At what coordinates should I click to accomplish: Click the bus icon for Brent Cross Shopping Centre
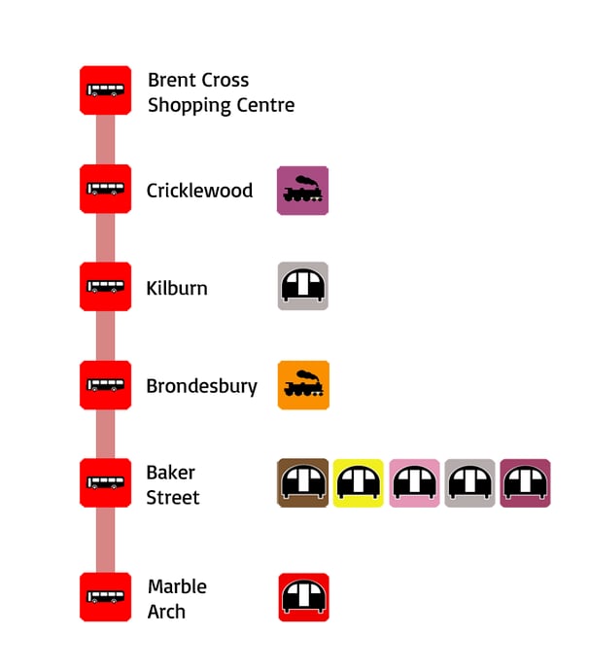click(x=105, y=90)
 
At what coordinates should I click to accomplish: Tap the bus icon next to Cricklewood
click(x=105, y=189)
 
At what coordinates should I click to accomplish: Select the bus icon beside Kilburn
click(x=105, y=287)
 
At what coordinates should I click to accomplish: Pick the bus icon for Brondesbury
click(x=105, y=385)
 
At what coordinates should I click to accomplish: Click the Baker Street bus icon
click(x=105, y=483)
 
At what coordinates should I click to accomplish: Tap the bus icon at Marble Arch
click(x=105, y=597)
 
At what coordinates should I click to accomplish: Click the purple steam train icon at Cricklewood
click(x=302, y=191)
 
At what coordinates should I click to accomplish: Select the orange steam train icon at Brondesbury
click(x=302, y=385)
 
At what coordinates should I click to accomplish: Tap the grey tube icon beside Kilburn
click(x=302, y=286)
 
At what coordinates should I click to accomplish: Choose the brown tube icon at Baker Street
click(x=302, y=483)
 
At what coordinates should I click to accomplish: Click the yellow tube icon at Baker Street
click(x=359, y=483)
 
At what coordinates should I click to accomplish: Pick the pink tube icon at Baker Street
click(x=414, y=483)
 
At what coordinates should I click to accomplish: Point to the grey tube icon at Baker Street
click(x=469, y=483)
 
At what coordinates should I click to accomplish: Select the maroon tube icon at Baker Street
click(x=525, y=483)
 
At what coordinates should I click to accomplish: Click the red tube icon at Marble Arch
click(x=303, y=597)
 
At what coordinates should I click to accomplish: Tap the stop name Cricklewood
click(x=199, y=191)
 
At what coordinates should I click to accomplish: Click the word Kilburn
click(x=177, y=288)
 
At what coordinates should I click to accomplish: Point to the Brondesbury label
click(x=201, y=386)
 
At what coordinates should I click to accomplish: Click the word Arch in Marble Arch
click(x=166, y=612)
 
